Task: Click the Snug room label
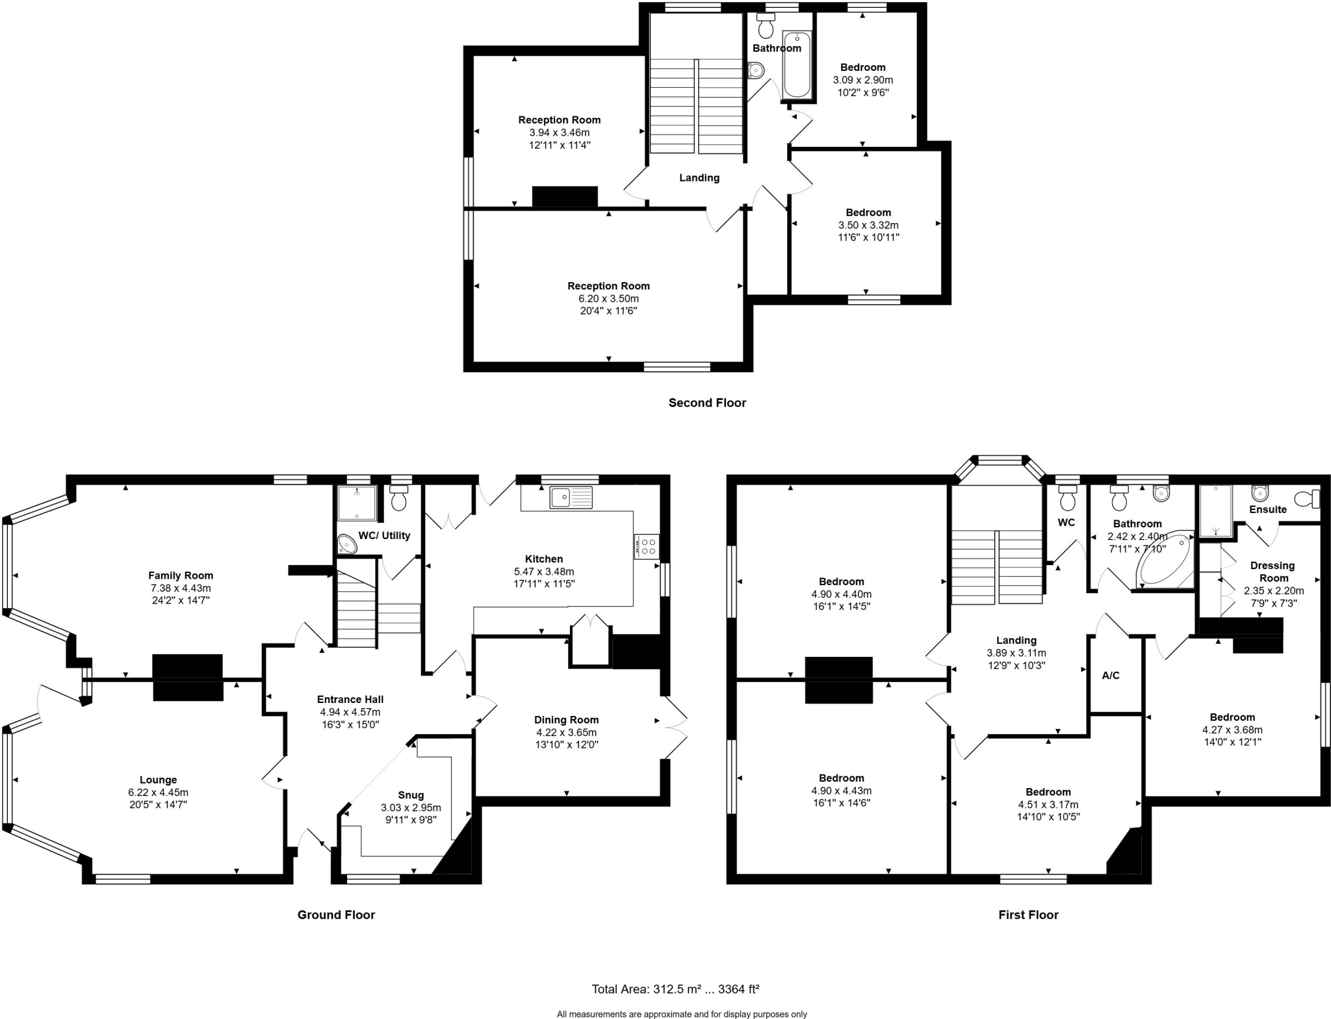pos(411,795)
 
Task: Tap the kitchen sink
pos(571,497)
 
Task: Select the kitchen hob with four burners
pos(647,546)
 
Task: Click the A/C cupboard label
pos(1111,676)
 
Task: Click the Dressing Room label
pos(1273,572)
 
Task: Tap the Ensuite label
pos(1268,509)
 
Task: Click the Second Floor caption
pos(707,403)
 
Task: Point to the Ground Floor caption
pos(336,915)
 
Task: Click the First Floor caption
pos(1028,915)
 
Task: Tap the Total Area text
pos(675,989)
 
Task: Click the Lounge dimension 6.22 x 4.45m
pos(158,792)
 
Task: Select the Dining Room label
pos(566,720)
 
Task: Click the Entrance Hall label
pos(350,700)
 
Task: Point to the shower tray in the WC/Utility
pos(357,503)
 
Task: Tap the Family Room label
pos(181,576)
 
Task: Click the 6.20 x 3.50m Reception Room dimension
pos(608,298)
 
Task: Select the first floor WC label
pos(1066,522)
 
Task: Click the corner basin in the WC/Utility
pos(346,544)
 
